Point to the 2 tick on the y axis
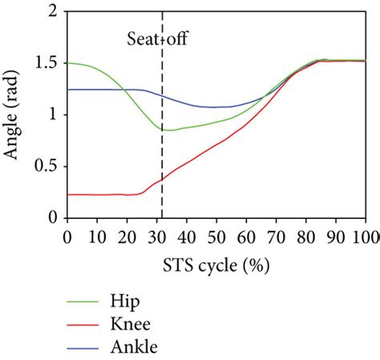[51, 12]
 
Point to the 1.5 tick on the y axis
[46, 63]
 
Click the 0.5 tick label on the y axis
[46, 166]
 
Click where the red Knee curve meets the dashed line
[163, 178]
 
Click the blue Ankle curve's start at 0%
[67, 90]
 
